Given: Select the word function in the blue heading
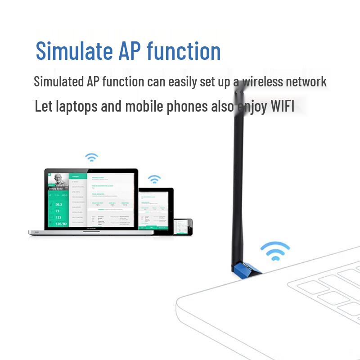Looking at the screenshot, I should click(x=184, y=51).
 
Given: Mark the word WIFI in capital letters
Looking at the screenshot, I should click(x=282, y=107).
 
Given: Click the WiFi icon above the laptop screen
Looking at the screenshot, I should click(x=92, y=157).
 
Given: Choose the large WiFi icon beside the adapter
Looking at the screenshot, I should click(x=274, y=250).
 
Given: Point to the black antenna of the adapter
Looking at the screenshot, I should click(x=238, y=171).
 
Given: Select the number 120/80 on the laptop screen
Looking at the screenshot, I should click(x=61, y=224).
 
